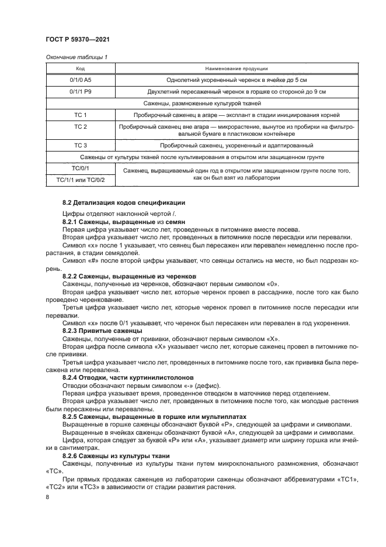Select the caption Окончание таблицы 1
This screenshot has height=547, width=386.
pyautogui.click(x=76, y=57)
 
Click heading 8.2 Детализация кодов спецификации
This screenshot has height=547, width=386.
pyautogui.click(x=124, y=202)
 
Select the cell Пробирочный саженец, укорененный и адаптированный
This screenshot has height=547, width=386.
pyautogui.click(x=237, y=145)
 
